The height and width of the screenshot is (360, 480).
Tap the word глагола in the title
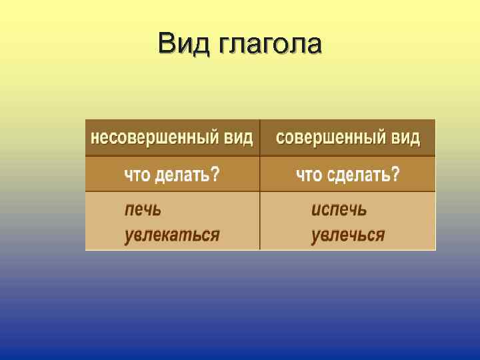coord(269,45)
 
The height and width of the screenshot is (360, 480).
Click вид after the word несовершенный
coord(239,138)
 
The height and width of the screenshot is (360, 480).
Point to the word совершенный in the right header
coord(322,138)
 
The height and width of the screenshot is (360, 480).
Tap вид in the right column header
coord(405,138)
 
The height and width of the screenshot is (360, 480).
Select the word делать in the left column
coord(181,175)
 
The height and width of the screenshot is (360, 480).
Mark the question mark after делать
coord(215,175)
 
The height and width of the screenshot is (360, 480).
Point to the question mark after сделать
coord(395,175)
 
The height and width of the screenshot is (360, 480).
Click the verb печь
coord(143,209)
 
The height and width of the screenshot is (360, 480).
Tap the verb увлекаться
coord(172,235)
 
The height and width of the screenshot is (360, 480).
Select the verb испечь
coord(339,209)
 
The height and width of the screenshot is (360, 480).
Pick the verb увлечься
coord(348,235)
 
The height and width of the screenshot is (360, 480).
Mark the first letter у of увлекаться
coord(129,236)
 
